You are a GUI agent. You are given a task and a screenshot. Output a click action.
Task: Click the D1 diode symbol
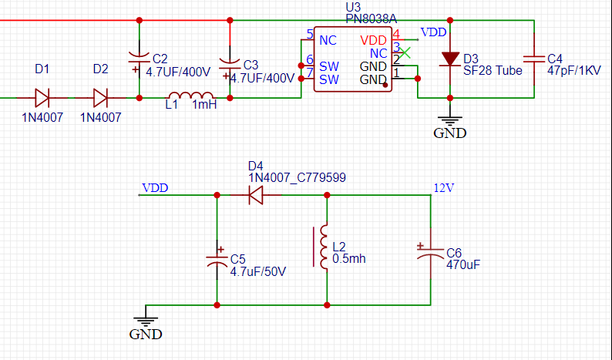[x=42, y=98]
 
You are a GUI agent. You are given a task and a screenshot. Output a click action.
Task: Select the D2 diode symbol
[x=100, y=98]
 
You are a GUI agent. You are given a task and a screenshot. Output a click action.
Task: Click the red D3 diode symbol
[x=450, y=59]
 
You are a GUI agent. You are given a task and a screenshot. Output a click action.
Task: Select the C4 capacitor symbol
[x=533, y=59]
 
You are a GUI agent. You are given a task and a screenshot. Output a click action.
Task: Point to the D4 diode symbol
[x=256, y=196]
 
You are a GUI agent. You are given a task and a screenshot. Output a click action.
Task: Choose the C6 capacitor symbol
[x=429, y=254]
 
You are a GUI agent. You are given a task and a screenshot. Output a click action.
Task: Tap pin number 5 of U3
[x=309, y=35]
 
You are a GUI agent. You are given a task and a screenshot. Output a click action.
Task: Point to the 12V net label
[x=443, y=187]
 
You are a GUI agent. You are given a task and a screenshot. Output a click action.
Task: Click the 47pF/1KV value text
[x=573, y=70]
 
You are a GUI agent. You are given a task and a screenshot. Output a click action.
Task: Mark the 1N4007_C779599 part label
[x=297, y=177]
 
